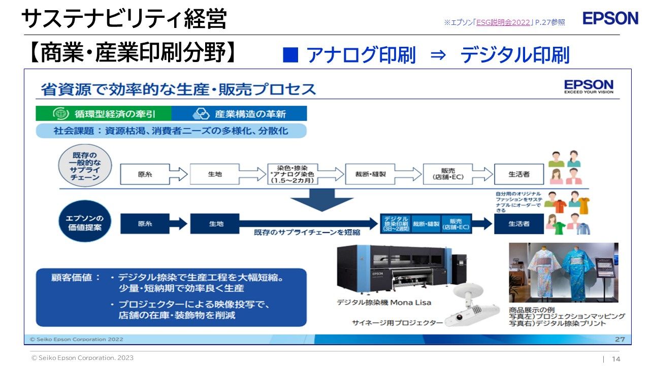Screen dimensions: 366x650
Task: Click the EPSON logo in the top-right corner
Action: click(x=610, y=18)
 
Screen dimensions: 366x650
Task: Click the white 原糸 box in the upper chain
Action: click(x=145, y=174)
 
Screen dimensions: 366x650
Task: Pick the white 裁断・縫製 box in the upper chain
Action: click(x=371, y=174)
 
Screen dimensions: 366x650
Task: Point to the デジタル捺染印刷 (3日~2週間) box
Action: click(x=396, y=224)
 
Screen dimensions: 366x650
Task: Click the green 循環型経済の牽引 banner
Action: click(x=104, y=113)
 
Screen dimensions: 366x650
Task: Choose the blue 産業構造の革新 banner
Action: click(x=239, y=113)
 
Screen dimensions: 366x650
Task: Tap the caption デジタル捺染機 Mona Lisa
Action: click(x=384, y=302)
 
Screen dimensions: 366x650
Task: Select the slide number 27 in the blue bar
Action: click(x=620, y=339)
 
